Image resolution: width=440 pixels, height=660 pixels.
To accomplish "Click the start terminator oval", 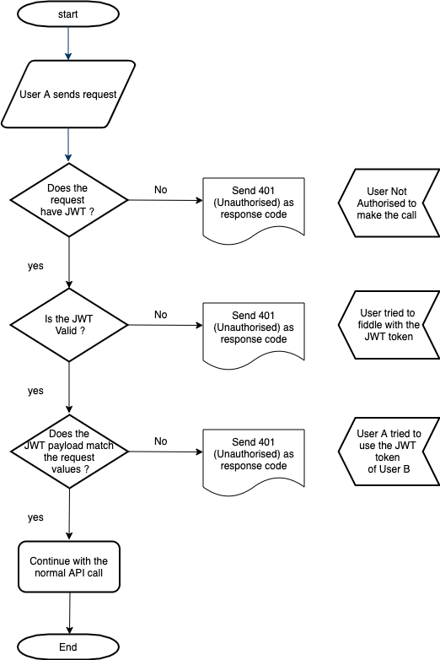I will coord(68,15).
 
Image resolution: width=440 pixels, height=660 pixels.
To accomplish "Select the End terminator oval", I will coord(68,647).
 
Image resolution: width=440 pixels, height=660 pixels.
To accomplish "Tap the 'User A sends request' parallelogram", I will coord(68,94).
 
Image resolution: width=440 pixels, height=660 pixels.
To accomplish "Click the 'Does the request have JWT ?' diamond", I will coord(68,200).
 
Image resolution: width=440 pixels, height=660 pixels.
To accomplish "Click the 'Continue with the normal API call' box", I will coord(68,567).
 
